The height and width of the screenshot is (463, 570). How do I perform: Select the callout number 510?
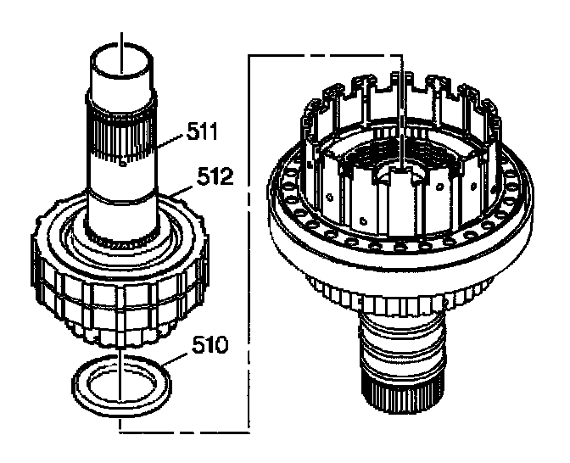point(207,346)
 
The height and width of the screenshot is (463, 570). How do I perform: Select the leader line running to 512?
point(178,191)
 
